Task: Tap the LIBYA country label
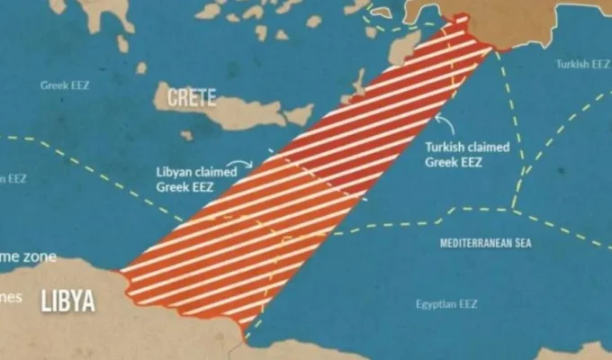(67, 301)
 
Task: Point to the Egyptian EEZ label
(446, 304)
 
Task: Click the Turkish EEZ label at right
(582, 64)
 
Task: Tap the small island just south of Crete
(186, 136)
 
